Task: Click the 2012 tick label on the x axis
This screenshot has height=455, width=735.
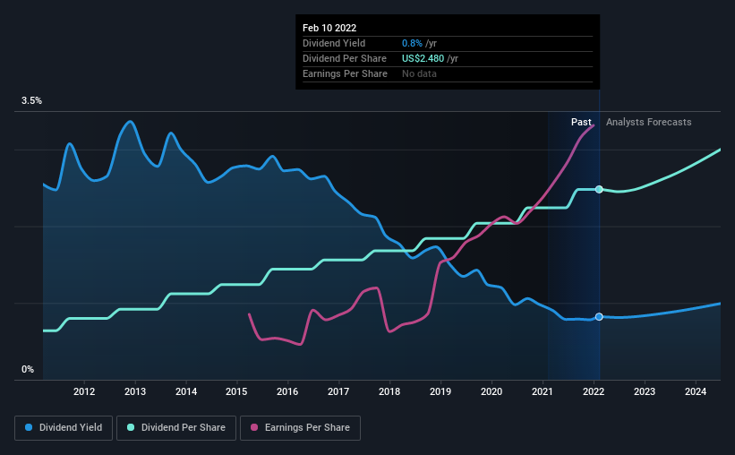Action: [84, 391]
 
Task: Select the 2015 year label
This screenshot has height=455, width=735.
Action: [236, 391]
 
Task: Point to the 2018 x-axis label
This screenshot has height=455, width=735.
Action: [389, 391]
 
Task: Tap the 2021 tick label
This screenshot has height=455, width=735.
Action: [543, 391]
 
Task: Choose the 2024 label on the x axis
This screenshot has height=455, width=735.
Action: [696, 391]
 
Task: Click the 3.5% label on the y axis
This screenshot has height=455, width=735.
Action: [32, 101]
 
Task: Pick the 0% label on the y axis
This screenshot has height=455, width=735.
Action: [28, 369]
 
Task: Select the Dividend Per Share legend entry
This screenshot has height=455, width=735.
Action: [180, 428]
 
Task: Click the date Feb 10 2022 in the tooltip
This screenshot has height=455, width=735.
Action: [329, 29]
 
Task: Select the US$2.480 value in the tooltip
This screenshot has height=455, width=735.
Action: [427, 58]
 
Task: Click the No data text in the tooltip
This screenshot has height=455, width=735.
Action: [421, 73]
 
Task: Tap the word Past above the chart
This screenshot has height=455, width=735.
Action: [581, 122]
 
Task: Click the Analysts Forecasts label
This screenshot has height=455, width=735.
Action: [648, 122]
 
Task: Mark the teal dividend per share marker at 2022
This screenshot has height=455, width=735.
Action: [599, 189]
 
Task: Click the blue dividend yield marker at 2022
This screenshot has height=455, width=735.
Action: [599, 317]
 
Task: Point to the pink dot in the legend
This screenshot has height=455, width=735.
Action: [253, 428]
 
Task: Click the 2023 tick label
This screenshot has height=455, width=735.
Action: [645, 391]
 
